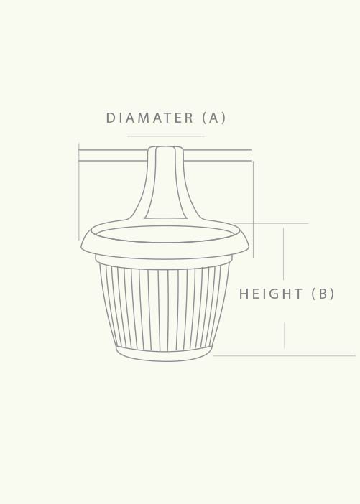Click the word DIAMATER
(x=149, y=118)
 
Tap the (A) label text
(x=214, y=118)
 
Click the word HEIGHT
(x=271, y=294)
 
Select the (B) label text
(x=323, y=294)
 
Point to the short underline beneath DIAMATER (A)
(x=165, y=136)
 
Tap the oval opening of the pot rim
(x=165, y=233)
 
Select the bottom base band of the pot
(x=165, y=355)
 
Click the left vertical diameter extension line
(x=79, y=194)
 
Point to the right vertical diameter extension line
(x=253, y=208)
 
